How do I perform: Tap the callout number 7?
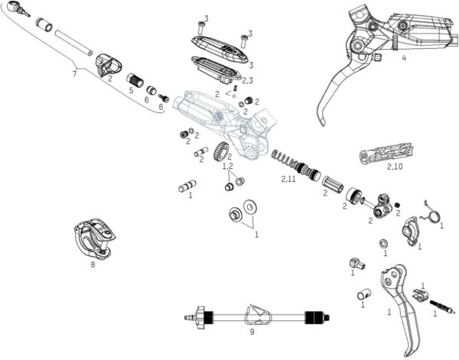click(x=74, y=74)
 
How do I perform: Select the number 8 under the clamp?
click(x=93, y=264)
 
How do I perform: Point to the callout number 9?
click(x=252, y=333)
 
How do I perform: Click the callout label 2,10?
click(x=394, y=166)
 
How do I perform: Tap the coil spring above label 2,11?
click(x=283, y=160)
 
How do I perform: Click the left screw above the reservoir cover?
click(x=204, y=25)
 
